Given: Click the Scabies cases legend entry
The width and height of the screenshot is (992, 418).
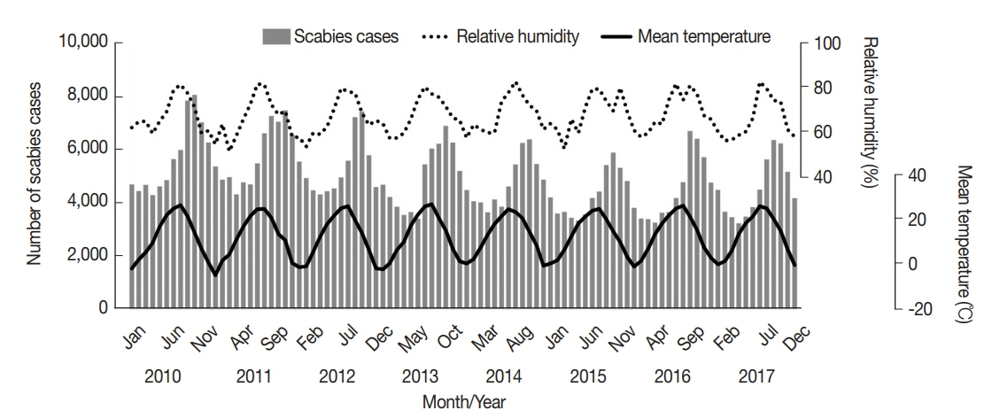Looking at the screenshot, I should pyautogui.click(x=329, y=37).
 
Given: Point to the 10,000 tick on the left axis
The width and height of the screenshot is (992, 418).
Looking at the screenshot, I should pyautogui.click(x=82, y=43).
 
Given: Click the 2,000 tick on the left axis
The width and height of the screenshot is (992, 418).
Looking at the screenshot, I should pyautogui.click(x=86, y=256).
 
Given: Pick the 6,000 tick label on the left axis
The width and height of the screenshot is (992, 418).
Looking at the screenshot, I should pyautogui.click(x=86, y=149).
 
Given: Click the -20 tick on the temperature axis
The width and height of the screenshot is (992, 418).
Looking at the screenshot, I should pyautogui.click(x=921, y=309).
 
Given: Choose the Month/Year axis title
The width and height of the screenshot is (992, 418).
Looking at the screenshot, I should pyautogui.click(x=465, y=401).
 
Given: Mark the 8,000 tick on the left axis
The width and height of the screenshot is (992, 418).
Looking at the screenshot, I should pyautogui.click(x=86, y=96).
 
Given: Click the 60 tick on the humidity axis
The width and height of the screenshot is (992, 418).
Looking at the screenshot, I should pyautogui.click(x=825, y=132).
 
